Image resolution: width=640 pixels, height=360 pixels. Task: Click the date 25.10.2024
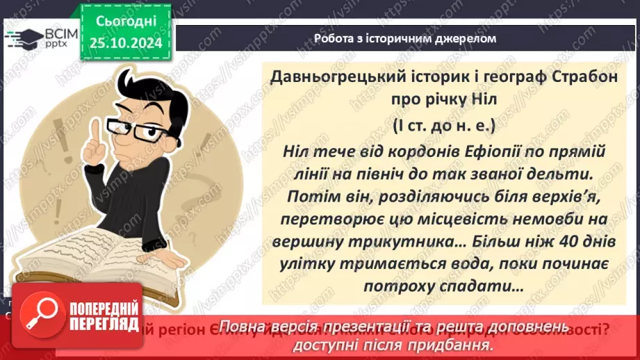point(126,44)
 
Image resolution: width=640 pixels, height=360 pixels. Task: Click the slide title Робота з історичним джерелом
point(405,38)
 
